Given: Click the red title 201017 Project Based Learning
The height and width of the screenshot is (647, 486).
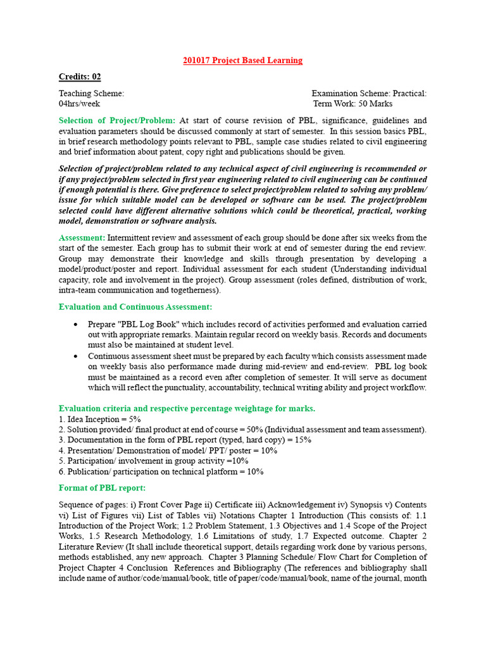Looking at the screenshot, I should (242, 61).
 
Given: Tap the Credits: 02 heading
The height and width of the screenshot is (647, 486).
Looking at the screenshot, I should (80, 77).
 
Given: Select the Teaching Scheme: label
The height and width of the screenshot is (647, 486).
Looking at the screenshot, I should (91, 94).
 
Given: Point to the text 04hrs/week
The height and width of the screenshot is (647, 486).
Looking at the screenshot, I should (79, 104).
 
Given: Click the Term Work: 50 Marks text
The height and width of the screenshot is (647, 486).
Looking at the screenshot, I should (353, 104).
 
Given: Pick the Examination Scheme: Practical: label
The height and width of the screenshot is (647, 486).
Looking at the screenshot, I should (369, 94).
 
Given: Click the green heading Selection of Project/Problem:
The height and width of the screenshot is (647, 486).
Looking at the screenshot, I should (117, 121).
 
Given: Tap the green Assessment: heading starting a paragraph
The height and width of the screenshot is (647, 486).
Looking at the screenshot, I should (82, 238).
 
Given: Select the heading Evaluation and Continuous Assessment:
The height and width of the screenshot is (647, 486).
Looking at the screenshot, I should (135, 307).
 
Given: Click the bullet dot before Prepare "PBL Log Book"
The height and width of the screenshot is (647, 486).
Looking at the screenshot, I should (75, 324).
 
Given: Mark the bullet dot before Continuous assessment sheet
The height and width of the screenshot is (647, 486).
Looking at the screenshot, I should (75, 356).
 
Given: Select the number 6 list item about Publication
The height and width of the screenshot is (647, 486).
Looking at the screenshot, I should (161, 471).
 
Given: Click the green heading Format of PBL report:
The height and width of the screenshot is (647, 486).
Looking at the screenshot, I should (102, 488).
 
